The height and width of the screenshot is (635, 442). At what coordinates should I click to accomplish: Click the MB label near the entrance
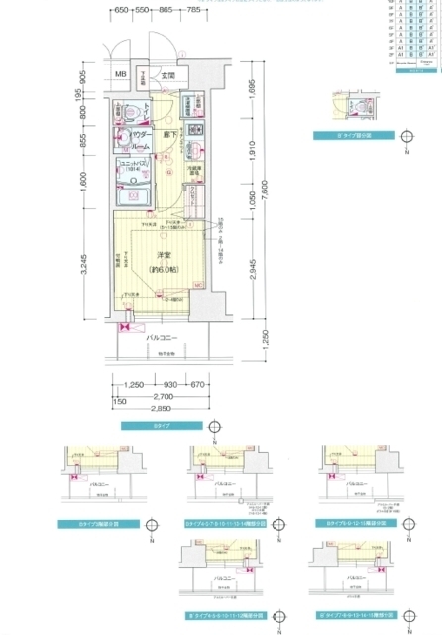coord(120,75)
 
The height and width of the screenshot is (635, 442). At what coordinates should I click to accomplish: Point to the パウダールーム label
coord(143,138)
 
